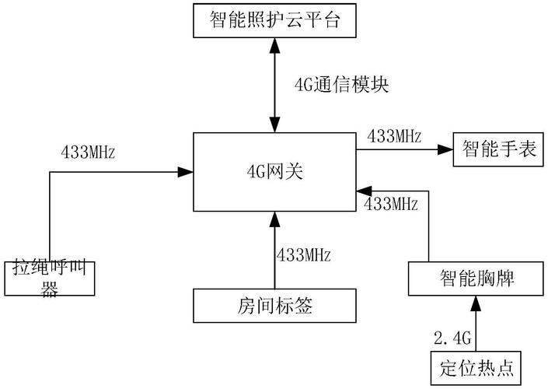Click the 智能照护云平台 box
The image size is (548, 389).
(x=274, y=19)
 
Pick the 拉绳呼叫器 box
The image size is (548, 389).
(x=49, y=278)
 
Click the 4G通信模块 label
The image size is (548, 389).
(x=341, y=84)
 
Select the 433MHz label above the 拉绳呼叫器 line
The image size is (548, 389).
(x=88, y=152)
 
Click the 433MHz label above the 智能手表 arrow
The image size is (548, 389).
(x=394, y=136)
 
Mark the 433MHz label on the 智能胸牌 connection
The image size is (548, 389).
(x=391, y=205)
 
